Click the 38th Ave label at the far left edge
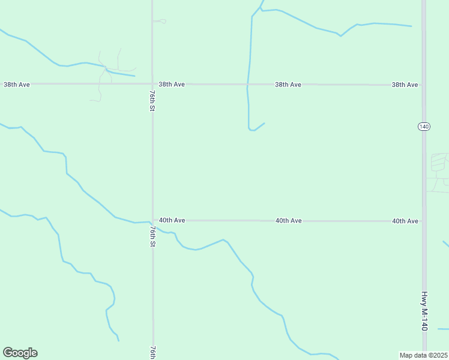[x=17, y=85]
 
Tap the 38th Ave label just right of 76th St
[x=172, y=85]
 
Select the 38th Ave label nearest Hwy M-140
[x=405, y=85]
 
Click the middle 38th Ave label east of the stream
[x=288, y=85]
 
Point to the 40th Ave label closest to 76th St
[x=172, y=221]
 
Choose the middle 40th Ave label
[x=289, y=221]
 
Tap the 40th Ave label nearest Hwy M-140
[x=405, y=221]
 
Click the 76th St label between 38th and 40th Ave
[x=152, y=101]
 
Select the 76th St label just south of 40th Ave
[x=152, y=236]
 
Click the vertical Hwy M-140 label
[x=424, y=311]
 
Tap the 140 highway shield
[x=424, y=126]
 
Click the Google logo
[x=20, y=353]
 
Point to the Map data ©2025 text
[x=424, y=355]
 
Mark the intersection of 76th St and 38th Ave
[x=152, y=84]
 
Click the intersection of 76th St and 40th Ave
[x=152, y=221]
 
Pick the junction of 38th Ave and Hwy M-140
[x=424, y=85]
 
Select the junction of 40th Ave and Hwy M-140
[x=424, y=221]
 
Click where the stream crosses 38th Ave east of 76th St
[x=247, y=85]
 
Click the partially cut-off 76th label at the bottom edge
[x=153, y=352]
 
